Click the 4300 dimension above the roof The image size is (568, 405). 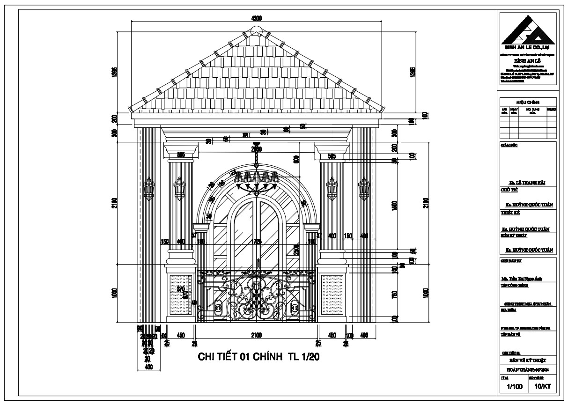256,18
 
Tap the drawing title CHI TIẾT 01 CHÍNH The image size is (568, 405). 258,357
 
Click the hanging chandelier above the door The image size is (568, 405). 257,180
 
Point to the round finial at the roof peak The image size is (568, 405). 256,30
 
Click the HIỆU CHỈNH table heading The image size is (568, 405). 528,102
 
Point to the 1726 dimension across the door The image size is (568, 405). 257,242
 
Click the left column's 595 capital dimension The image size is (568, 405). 181,155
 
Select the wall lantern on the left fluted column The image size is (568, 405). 179,188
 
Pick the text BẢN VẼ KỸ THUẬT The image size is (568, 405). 528,361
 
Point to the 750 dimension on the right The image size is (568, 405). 394,295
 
